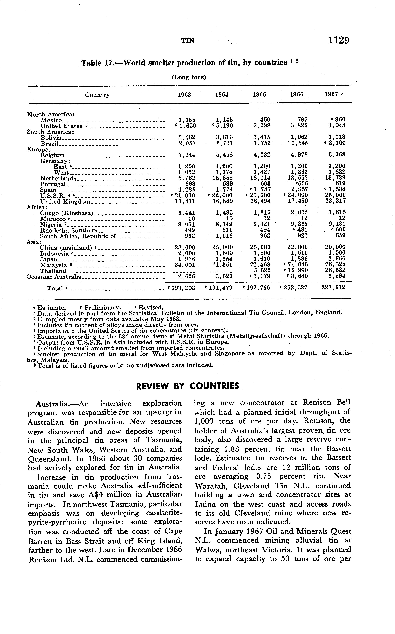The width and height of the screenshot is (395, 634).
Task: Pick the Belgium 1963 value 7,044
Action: tap(187, 155)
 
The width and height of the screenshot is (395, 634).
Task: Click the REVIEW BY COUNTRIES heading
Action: tap(188, 386)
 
